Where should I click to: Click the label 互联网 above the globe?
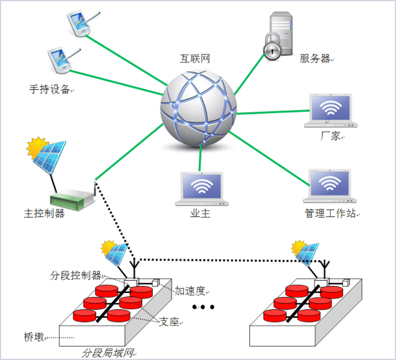click(195, 58)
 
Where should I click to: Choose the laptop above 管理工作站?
click(330, 187)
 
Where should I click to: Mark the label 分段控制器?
click(76, 275)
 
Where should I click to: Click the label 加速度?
click(189, 291)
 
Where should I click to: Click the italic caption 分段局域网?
click(108, 353)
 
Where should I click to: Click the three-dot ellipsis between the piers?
click(203, 307)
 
